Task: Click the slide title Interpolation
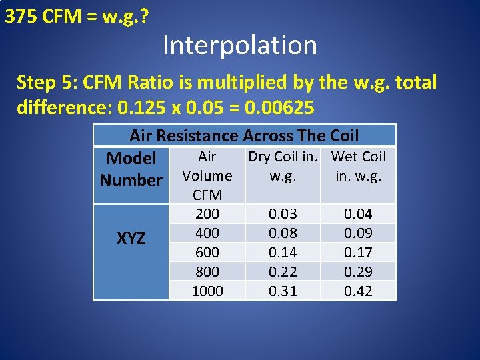tap(239, 45)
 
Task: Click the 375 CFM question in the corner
tap(76, 16)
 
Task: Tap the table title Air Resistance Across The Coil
tap(244, 136)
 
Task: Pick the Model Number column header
tap(131, 169)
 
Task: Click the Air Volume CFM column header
tap(207, 175)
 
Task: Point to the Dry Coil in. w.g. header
tap(283, 167)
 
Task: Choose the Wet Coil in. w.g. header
tap(359, 167)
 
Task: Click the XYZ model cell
tap(131, 238)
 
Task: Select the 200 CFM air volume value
tap(207, 214)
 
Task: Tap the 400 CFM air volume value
tap(207, 233)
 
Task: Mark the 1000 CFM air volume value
tap(207, 291)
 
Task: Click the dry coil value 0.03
tap(283, 214)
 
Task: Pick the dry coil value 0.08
tap(283, 233)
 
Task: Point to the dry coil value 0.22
tap(283, 272)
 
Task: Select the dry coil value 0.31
tap(283, 291)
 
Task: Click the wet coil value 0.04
tap(359, 214)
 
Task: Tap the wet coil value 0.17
tap(359, 253)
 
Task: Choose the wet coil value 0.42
tap(359, 291)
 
